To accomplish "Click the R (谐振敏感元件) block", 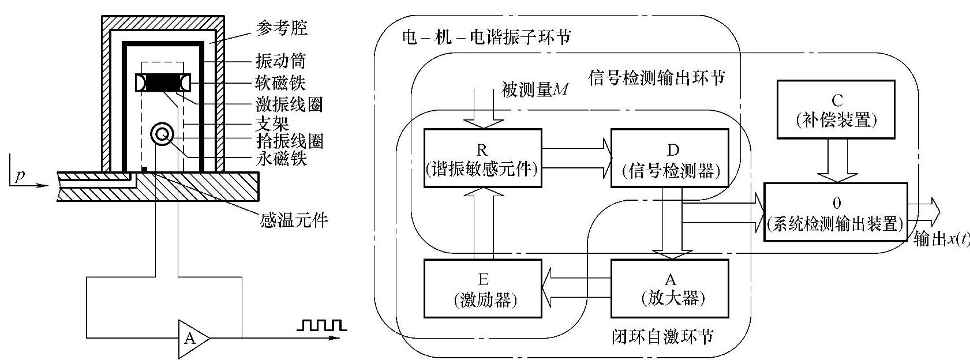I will pos(482,158).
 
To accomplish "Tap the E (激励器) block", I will pos(482,288).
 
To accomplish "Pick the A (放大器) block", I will pos(669,288).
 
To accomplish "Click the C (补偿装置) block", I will pos(836,110).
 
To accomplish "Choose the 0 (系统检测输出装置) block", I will pos(836,212).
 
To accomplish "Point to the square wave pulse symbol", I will pos(320,326).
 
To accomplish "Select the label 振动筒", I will pos(280,61).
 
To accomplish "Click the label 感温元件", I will pos(294,220).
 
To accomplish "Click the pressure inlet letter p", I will pos(20,176).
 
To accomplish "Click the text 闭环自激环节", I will pos(661,336).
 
